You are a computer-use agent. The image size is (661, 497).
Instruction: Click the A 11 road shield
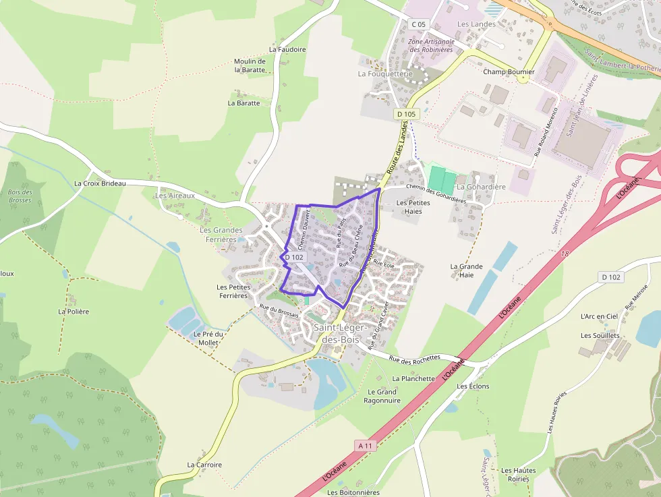pyautogui.click(x=364, y=446)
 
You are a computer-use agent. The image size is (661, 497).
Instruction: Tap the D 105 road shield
pyautogui.click(x=407, y=114)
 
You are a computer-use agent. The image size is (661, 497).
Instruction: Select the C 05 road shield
pyautogui.click(x=418, y=24)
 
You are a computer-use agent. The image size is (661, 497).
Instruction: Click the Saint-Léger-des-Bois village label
pyautogui.click(x=340, y=333)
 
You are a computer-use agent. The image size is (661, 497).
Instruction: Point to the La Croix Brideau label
pyautogui.click(x=100, y=183)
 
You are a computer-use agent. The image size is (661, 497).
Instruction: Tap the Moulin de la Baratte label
pyautogui.click(x=250, y=65)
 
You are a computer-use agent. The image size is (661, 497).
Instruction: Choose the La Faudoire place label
pyautogui.click(x=287, y=49)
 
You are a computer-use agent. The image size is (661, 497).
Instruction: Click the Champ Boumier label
pyautogui.click(x=509, y=71)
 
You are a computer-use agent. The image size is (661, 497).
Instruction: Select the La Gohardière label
pyautogui.click(x=481, y=187)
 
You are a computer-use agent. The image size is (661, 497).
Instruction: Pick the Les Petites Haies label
pyautogui.click(x=413, y=206)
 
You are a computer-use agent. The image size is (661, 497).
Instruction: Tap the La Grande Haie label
pyautogui.click(x=466, y=270)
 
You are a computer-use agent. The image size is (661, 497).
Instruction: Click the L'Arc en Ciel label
pyautogui.click(x=599, y=316)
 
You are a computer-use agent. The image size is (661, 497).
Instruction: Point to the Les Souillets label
pyautogui.click(x=600, y=335)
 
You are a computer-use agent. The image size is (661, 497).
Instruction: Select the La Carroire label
pyautogui.click(x=204, y=465)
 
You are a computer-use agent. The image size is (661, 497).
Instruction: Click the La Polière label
pyautogui.click(x=74, y=312)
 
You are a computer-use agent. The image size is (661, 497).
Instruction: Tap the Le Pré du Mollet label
pyautogui.click(x=207, y=338)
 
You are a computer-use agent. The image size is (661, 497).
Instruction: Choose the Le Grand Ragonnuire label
pyautogui.click(x=382, y=396)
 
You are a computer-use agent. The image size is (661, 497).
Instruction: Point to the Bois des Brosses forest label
pyautogui.click(x=20, y=196)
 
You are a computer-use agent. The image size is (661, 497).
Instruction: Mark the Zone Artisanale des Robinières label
pyautogui.click(x=432, y=45)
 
